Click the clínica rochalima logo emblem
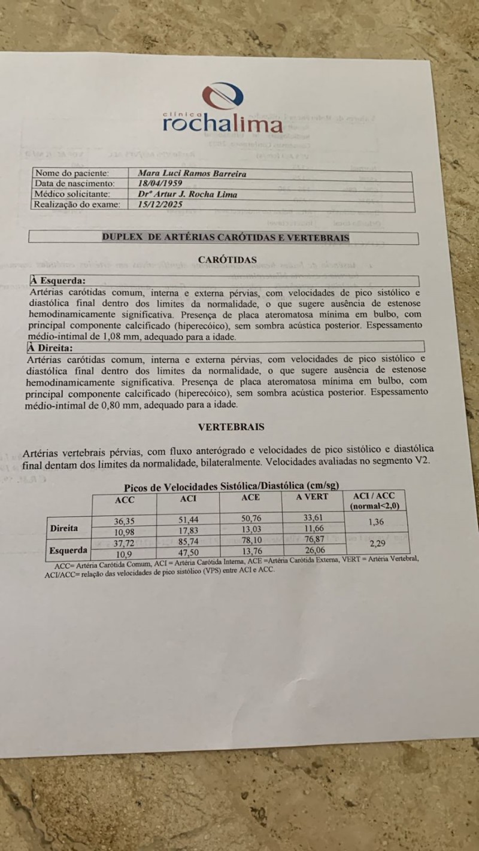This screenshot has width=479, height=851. point(222,97)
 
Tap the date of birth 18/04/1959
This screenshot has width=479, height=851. point(160,183)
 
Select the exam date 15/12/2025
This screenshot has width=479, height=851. point(160,204)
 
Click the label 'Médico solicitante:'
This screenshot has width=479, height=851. point(72,194)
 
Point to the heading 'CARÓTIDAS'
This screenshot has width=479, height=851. point(227,260)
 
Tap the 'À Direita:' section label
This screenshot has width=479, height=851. point(50,348)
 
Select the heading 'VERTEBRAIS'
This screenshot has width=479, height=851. point(231,427)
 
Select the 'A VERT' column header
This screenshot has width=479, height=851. point(313,497)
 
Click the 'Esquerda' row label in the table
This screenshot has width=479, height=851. point(68,550)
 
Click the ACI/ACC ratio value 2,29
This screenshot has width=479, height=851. point(377,544)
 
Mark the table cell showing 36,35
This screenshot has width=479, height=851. point(125,521)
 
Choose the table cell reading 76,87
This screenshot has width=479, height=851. point(312,540)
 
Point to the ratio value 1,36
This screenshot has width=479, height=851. point(375,522)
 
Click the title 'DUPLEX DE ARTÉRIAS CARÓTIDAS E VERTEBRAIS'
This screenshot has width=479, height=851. point(225,238)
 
